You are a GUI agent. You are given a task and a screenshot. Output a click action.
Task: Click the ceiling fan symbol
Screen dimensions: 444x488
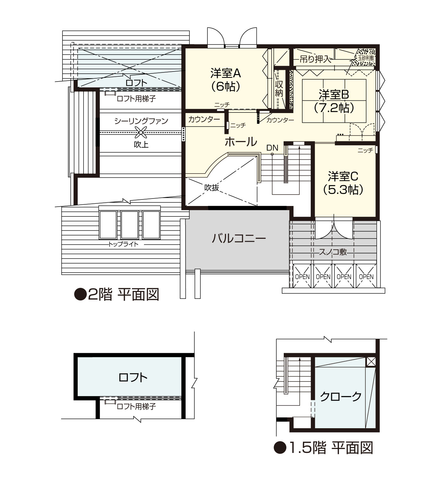click(x=141, y=132)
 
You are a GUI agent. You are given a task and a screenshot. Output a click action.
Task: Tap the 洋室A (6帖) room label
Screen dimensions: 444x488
click(x=226, y=80)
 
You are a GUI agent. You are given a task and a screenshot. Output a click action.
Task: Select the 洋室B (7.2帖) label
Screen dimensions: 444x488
click(x=334, y=101)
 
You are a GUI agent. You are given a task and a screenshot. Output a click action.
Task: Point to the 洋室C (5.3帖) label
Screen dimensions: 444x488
click(x=343, y=183)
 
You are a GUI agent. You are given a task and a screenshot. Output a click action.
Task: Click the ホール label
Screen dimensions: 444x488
click(x=241, y=142)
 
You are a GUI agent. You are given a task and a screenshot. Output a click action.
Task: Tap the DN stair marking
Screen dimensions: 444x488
click(x=272, y=148)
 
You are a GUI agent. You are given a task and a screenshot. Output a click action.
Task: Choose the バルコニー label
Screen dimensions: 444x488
click(x=239, y=238)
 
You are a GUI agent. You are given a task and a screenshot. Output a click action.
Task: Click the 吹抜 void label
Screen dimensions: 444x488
click(x=212, y=187)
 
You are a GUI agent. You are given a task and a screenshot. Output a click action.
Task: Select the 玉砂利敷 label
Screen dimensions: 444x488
click(x=366, y=58)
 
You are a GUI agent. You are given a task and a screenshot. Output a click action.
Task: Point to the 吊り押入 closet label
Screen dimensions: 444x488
click(x=315, y=59)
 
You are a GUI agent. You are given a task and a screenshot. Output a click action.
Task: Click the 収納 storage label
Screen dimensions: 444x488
click(x=279, y=89)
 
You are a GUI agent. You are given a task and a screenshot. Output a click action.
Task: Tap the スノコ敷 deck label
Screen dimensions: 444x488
click(x=333, y=252)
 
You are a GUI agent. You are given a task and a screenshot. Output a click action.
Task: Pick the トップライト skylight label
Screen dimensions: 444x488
click(x=123, y=244)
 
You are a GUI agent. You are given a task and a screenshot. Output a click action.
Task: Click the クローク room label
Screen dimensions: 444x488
click(x=341, y=396)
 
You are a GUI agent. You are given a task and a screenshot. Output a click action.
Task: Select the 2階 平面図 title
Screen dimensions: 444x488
click(x=117, y=294)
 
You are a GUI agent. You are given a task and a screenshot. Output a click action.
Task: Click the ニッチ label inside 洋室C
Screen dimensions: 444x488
click(x=365, y=150)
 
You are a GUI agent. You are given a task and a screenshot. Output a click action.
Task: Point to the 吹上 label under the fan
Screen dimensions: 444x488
click(x=141, y=145)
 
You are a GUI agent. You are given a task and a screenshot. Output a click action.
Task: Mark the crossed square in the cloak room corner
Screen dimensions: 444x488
click(x=371, y=362)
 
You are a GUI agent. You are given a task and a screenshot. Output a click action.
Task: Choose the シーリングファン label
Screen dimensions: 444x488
click(x=141, y=121)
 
